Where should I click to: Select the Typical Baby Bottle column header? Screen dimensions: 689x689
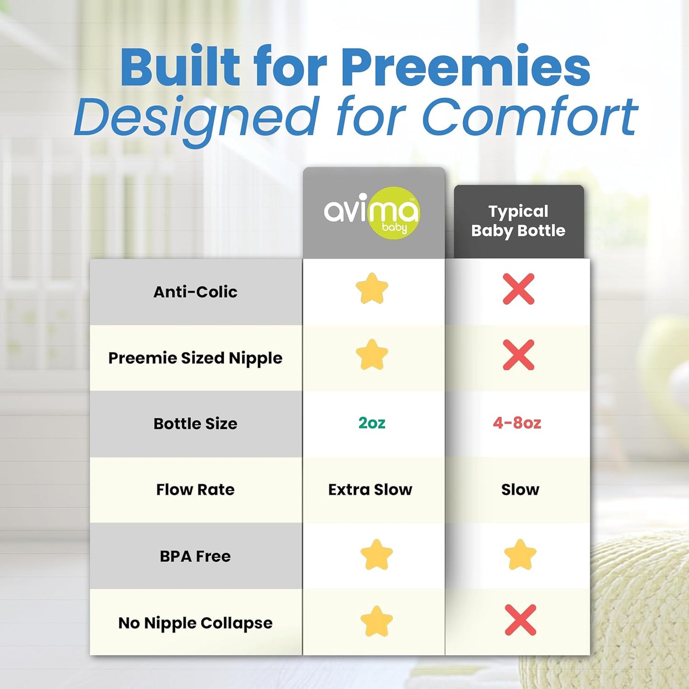[518, 221]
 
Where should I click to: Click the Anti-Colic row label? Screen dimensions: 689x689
[195, 292]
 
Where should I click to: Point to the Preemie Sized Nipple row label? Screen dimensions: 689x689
[195, 358]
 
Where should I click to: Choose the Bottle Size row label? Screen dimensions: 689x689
[195, 423]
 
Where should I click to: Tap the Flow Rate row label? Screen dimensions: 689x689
[195, 490]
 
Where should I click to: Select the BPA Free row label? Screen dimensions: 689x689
[195, 556]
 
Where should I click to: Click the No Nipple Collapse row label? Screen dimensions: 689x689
[195, 623]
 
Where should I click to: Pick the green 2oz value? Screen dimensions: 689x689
[372, 423]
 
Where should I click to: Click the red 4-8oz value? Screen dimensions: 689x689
[517, 423]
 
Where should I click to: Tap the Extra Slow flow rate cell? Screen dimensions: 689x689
[370, 490]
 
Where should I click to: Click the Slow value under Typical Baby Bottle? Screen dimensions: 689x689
[520, 490]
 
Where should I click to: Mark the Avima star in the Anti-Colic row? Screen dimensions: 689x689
[372, 288]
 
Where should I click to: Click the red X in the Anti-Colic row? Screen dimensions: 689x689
[519, 289]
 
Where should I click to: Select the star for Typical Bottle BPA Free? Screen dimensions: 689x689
[520, 555]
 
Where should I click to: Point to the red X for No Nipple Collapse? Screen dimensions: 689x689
[520, 620]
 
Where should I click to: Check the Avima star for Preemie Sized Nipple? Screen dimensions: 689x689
[372, 355]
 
